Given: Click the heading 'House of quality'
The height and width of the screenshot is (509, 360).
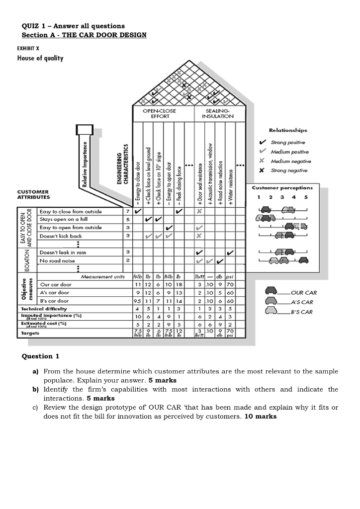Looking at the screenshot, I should point(40,58).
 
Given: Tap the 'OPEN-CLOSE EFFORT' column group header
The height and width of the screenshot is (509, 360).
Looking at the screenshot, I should point(156,113).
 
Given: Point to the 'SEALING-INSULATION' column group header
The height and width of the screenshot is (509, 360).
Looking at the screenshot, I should point(217,113).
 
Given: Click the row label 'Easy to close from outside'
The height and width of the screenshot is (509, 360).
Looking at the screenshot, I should point(71,212).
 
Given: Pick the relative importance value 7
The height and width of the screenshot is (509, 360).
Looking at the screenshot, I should point(127,212).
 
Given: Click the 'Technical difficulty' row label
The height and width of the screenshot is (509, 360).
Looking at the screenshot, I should point(44,309).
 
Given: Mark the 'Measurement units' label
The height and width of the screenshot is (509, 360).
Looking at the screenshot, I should point(102,277).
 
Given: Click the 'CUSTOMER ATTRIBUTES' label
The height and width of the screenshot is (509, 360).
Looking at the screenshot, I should point(33,194).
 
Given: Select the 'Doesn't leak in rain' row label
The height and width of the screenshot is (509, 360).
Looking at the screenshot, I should point(63,253).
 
